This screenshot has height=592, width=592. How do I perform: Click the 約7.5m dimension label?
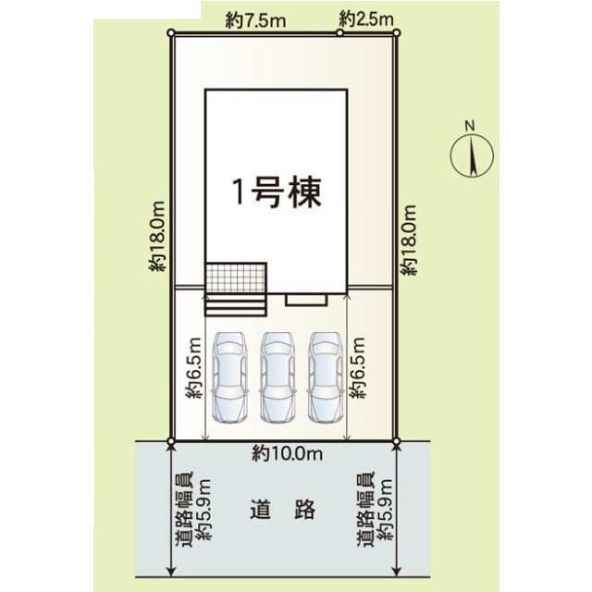pos(255,20)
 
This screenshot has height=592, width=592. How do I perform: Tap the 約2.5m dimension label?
pos(366,18)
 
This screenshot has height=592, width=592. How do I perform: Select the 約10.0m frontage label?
pos(288,453)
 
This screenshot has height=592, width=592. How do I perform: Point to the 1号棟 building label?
pos(277,192)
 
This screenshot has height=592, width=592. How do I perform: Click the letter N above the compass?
pos(470,126)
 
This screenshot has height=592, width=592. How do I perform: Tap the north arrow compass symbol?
pos(472,156)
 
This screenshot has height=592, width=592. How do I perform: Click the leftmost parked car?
pos(230,376)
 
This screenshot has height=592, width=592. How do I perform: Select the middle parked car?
pos(277,376)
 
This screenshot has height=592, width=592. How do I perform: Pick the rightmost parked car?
pos(326,376)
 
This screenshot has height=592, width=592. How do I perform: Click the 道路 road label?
pos(283,509)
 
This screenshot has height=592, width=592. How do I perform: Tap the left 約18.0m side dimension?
pos(157,236)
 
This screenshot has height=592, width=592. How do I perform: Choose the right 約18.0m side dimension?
pos(409,240)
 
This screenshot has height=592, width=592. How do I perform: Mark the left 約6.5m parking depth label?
pos(194,367)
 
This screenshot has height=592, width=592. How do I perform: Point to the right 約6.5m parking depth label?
pos(358,367)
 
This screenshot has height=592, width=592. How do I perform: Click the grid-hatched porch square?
pos(236,277)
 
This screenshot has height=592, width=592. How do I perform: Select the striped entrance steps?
pos(236,304)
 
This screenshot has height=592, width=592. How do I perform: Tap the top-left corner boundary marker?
pos(170,33)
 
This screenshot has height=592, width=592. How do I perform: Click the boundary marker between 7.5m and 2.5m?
pos(339,33)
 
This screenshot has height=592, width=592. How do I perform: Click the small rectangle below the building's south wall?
pos(306,300)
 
